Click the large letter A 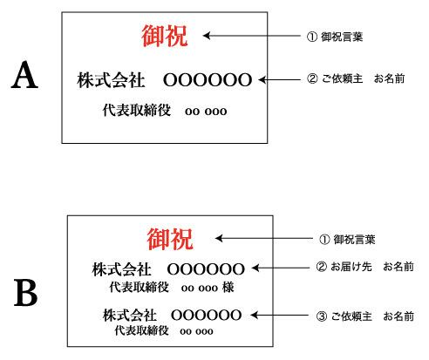coord(24,75)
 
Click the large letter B coord(25,293)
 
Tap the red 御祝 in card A coord(165,36)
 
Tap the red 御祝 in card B coord(170,239)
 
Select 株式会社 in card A coord(111,80)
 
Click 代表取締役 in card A coord(137,111)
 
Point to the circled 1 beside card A coord(312,37)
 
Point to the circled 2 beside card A coord(312,78)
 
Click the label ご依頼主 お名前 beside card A coord(364,78)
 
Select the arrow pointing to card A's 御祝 coord(251,36)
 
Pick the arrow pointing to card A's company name coord(279,79)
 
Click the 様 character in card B coord(228,288)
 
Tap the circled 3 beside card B coord(322,316)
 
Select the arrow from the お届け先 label coord(281,268)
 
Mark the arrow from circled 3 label coord(280,315)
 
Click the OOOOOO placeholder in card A coord(208,80)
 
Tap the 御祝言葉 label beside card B coord(354,240)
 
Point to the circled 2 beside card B coord(321,267)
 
